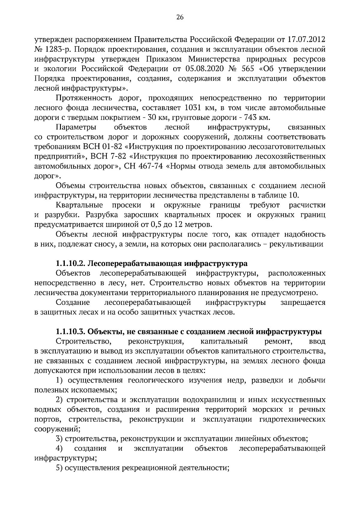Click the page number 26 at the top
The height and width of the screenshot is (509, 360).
tap(180, 17)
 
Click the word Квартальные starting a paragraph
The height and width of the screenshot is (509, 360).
tap(79, 205)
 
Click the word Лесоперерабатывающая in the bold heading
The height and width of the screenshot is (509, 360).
tap(136, 264)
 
